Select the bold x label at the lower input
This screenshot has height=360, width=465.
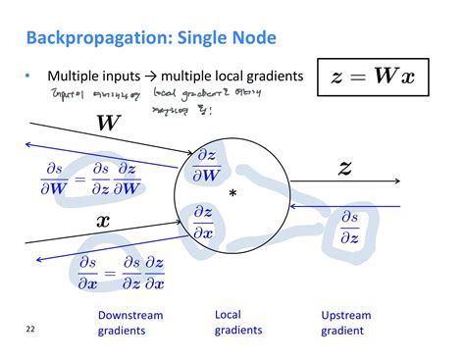[x=103, y=221]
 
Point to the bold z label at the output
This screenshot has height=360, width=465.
[x=343, y=168]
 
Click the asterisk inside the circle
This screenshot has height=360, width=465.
[x=232, y=195]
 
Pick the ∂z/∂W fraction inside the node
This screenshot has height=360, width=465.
[x=207, y=166]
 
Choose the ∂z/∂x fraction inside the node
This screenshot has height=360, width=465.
[x=203, y=221]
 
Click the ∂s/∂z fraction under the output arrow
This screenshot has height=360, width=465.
[x=348, y=227]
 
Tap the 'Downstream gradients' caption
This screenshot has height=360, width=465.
[x=129, y=323]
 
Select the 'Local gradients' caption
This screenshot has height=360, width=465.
[x=237, y=323]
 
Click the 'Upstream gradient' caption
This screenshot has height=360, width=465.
[x=346, y=323]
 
